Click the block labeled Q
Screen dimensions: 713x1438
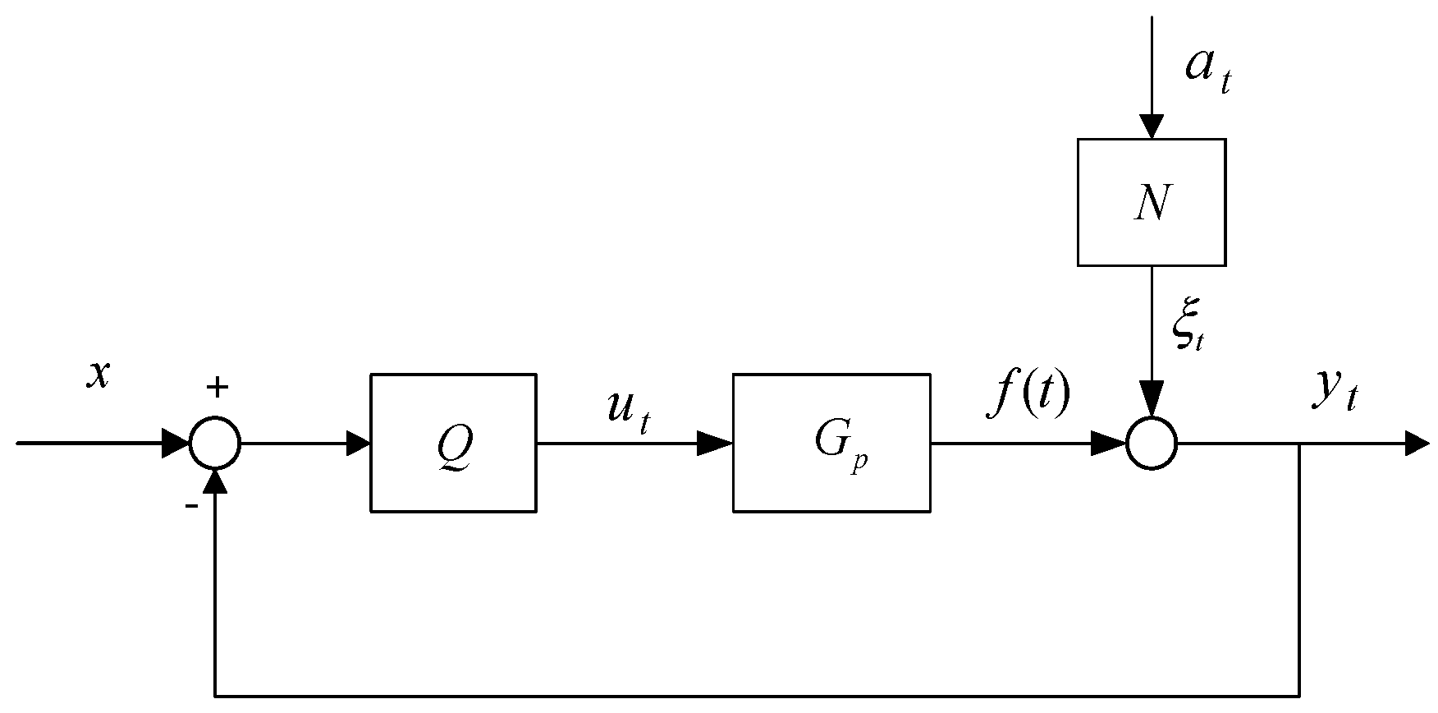coord(453,444)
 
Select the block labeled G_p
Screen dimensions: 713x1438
coord(831,444)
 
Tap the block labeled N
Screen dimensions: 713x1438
coord(1151,202)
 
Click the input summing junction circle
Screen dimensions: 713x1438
coord(215,444)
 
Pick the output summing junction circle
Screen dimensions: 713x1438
coord(1152,444)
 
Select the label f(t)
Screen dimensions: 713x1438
coord(1028,395)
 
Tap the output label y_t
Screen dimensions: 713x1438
coord(1334,395)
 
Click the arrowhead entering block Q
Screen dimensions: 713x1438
coord(359,444)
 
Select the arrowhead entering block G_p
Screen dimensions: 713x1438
coord(716,444)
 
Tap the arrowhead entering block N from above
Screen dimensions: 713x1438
coord(1152,126)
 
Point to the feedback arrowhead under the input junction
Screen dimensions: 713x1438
coord(215,481)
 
